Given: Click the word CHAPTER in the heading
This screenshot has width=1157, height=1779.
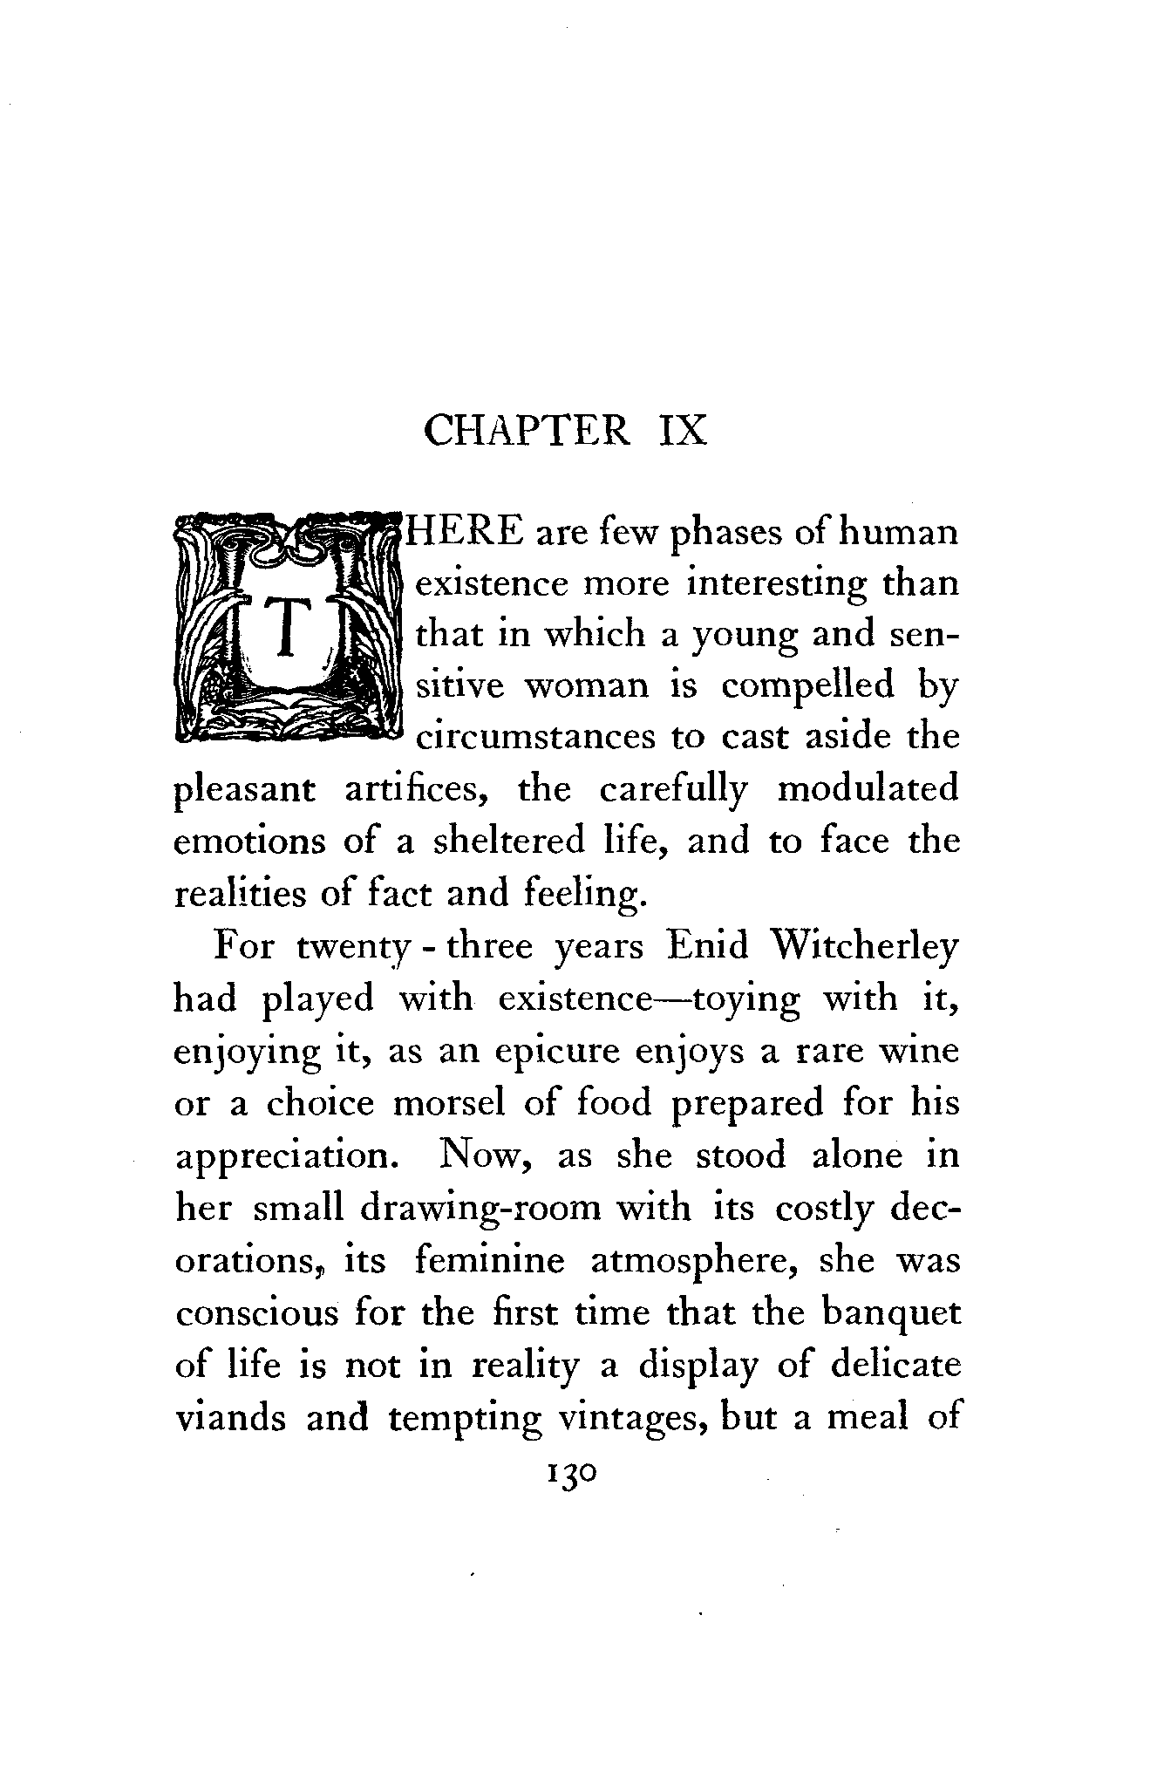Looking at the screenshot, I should [526, 431].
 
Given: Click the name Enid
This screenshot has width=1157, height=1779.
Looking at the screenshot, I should [706, 947].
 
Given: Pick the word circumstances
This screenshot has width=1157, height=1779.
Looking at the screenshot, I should [535, 738].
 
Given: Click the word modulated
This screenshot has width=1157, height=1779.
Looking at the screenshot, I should [868, 790].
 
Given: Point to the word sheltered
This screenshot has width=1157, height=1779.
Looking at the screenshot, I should [509, 842].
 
